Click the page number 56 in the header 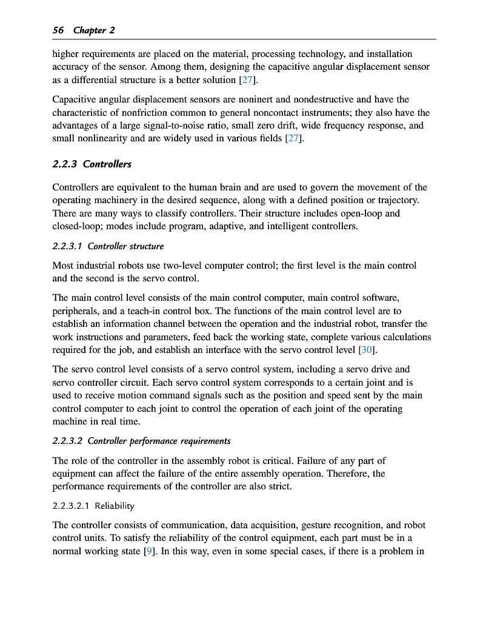coord(59,30)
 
